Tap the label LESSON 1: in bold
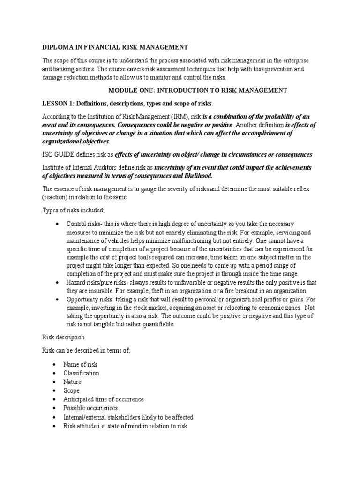point(58,103)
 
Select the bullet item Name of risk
point(81,364)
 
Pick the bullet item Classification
point(82,373)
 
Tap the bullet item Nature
point(73,382)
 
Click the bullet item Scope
point(72,390)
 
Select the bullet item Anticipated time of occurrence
point(104,399)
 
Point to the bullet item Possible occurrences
point(91,408)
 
